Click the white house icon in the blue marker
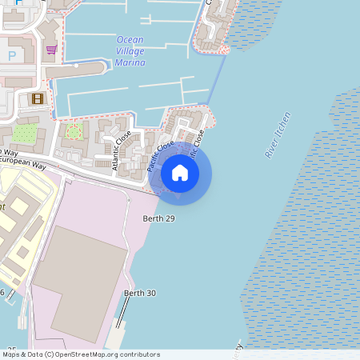pyautogui.click(x=180, y=173)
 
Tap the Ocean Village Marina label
pyautogui.click(x=131, y=50)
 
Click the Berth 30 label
pyautogui.click(x=139, y=294)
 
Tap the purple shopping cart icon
pyautogui.click(x=51, y=50)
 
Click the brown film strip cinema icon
pyautogui.click(x=37, y=98)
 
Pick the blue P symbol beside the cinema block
pyautogui.click(x=11, y=55)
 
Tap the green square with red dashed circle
pyautogui.click(x=74, y=130)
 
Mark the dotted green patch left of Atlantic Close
pyautogui.click(x=25, y=134)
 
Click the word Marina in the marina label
pyautogui.click(x=130, y=62)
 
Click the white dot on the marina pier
pyautogui.click(x=76, y=67)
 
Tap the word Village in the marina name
pyautogui.click(x=131, y=50)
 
